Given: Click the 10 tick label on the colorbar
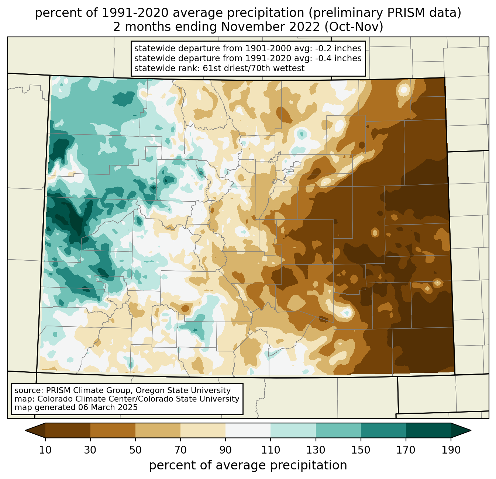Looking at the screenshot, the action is click(45, 450).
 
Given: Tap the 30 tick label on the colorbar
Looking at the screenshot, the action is click(90, 450).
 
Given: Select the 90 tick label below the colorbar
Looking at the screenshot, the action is click(225, 450).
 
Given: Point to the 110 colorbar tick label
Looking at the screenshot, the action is click(271, 450).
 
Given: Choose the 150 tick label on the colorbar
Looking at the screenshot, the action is click(361, 450).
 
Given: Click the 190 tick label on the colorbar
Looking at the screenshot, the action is click(451, 450).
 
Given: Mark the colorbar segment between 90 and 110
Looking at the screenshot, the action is click(248, 431).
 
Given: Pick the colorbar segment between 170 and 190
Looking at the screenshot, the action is click(428, 431).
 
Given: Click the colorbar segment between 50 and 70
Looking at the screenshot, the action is click(158, 431).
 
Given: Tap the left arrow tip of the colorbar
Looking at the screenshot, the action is click(25, 431).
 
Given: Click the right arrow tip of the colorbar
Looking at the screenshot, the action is click(471, 431).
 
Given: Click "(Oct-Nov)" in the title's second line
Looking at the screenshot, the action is click(354, 27).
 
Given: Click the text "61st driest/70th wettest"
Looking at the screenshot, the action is click(254, 69).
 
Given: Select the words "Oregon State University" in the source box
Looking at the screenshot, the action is click(183, 391).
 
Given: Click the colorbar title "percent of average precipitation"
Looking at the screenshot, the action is click(248, 465).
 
